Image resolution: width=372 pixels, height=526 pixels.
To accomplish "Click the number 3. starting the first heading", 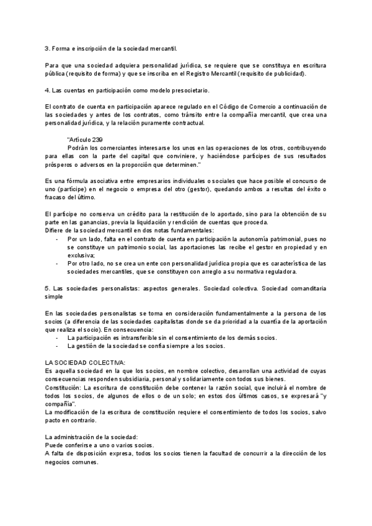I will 48,47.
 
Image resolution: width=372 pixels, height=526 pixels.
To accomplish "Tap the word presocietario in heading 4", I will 189,91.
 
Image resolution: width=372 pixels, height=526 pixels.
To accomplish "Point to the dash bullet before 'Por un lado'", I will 58,238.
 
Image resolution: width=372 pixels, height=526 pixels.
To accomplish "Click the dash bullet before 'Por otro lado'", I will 58,263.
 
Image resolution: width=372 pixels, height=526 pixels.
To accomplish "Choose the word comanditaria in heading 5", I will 303,288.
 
